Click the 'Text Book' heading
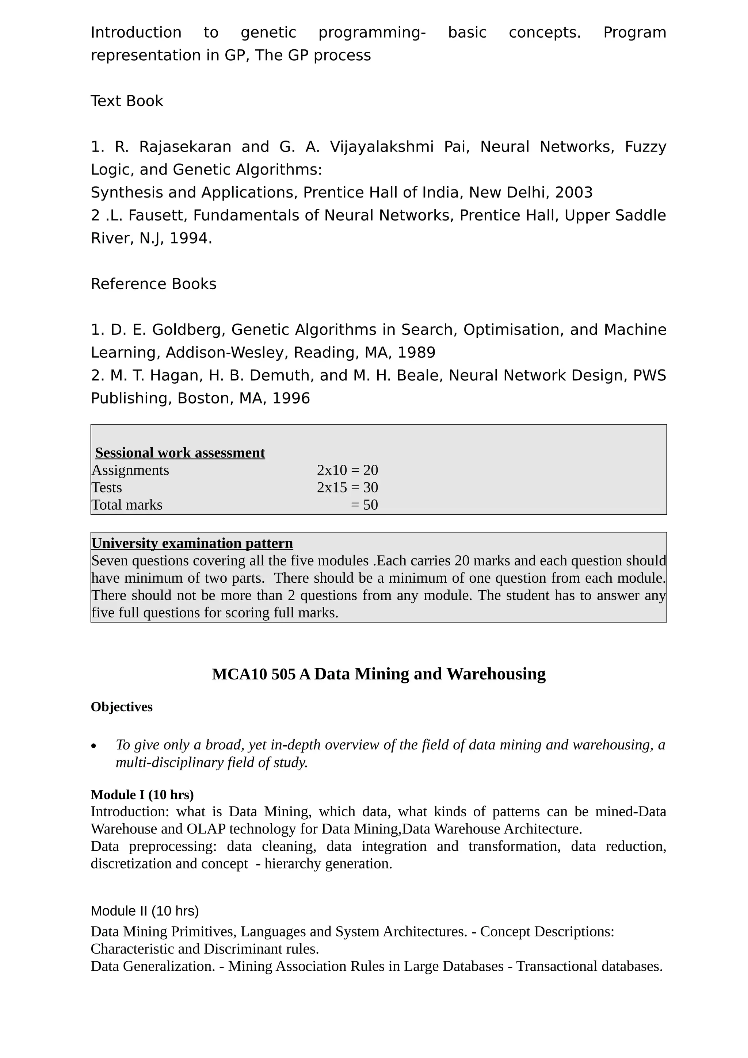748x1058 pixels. (127, 101)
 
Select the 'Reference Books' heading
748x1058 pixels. (153, 284)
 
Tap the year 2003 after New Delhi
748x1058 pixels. (573, 192)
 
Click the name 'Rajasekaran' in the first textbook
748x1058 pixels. (185, 146)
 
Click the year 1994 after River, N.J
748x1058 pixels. (188, 238)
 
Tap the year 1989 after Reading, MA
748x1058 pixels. (416, 353)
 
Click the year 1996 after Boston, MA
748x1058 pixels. (291, 398)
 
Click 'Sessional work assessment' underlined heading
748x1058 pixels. (180, 453)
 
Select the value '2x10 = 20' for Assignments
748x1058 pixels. (347, 470)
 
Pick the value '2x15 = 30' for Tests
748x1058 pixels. (347, 487)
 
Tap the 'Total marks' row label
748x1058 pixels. (127, 505)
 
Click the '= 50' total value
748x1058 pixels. (364, 505)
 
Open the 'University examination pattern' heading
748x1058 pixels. (192, 543)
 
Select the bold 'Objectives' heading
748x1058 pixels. (122, 707)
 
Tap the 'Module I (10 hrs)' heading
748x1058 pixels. (142, 795)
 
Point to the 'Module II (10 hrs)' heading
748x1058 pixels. (145, 911)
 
